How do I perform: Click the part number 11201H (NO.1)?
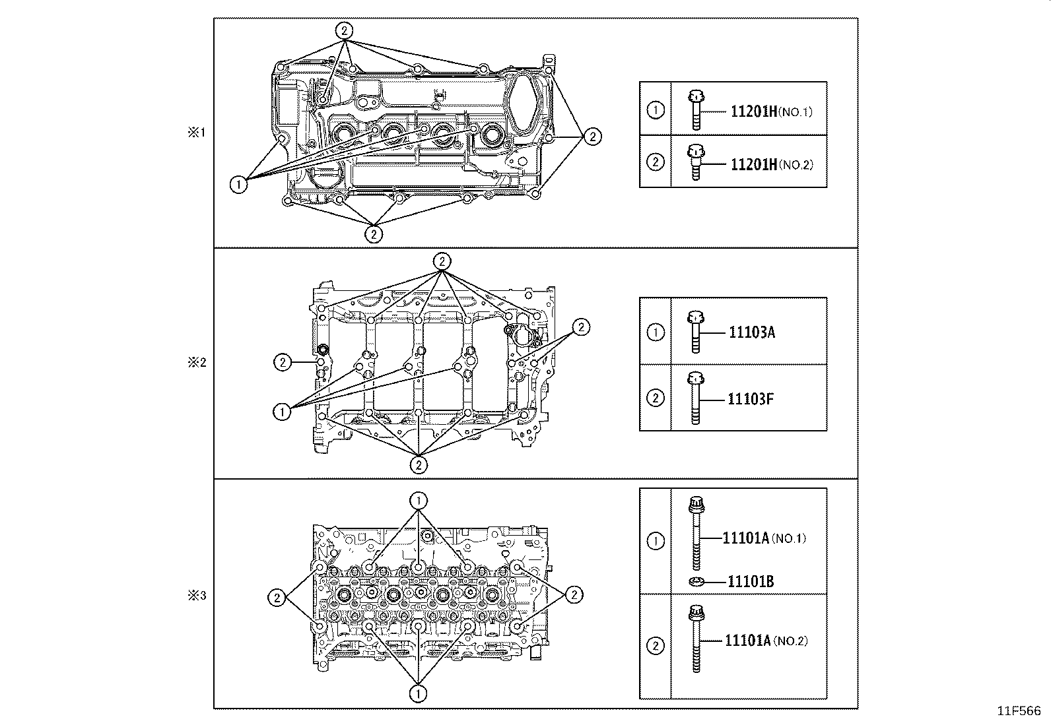coord(771,111)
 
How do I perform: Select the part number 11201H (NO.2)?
coord(771,164)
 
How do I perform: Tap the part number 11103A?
coord(751,332)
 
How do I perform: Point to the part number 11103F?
coord(751,398)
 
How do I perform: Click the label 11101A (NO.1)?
coord(764,538)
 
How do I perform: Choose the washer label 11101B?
coord(751,581)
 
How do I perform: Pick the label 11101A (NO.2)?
coord(766,641)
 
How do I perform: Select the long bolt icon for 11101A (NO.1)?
coord(696,533)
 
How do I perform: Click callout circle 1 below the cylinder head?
coord(419,693)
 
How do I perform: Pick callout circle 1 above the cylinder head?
coord(419,500)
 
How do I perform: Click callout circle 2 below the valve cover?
coord(374,233)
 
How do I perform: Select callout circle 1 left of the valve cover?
coord(238,185)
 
